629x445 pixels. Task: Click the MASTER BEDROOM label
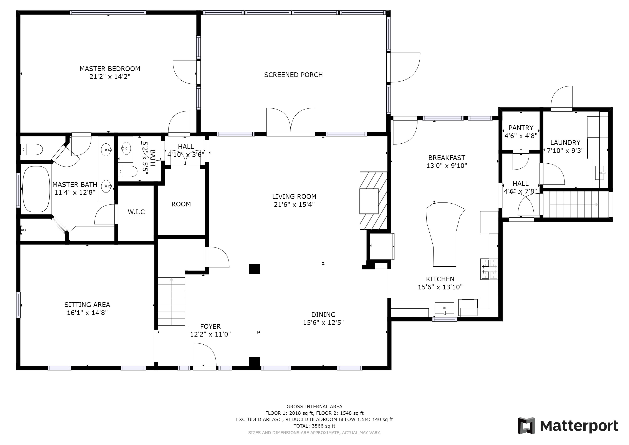tap(110, 69)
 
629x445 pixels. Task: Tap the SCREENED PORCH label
tap(293, 75)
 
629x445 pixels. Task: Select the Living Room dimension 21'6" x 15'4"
tap(294, 204)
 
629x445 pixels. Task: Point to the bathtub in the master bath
tap(36, 189)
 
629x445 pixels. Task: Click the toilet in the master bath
tap(31, 150)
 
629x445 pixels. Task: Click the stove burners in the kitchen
tap(489, 269)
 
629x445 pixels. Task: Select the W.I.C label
tap(136, 212)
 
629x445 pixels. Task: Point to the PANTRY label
tap(521, 128)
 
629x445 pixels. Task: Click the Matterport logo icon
tap(526, 425)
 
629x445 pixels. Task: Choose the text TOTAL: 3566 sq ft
tap(314, 426)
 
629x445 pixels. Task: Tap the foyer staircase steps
tap(172, 301)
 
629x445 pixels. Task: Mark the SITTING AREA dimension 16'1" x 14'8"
tap(87, 313)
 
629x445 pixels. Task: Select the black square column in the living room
tap(255, 269)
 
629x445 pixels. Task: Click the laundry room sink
tap(600, 173)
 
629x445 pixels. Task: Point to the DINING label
tap(323, 315)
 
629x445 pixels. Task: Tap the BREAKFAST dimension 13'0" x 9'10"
tap(447, 166)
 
